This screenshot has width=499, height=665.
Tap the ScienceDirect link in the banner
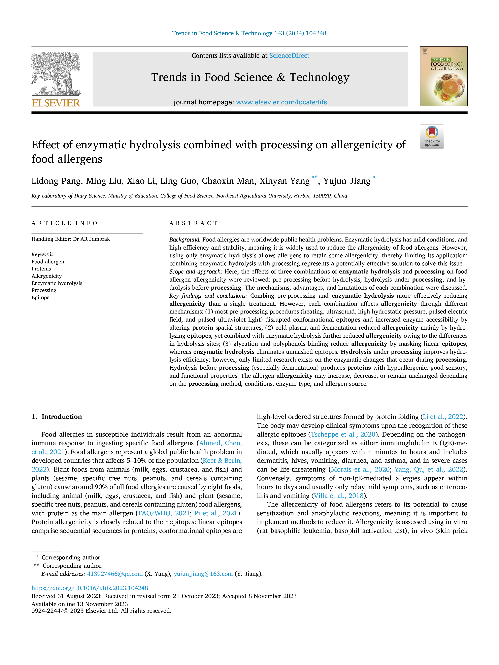(289, 56)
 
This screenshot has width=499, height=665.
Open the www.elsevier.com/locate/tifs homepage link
(281, 102)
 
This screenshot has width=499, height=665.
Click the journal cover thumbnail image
(444, 76)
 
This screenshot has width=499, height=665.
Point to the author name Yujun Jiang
(347, 181)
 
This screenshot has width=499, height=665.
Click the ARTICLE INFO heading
(65, 223)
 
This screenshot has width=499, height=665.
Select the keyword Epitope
(41, 298)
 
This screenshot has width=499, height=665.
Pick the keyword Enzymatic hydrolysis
(57, 283)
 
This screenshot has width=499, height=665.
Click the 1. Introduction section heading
(57, 417)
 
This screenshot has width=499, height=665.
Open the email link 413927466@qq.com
(115, 574)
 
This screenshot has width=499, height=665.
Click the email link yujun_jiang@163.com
(203, 574)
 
